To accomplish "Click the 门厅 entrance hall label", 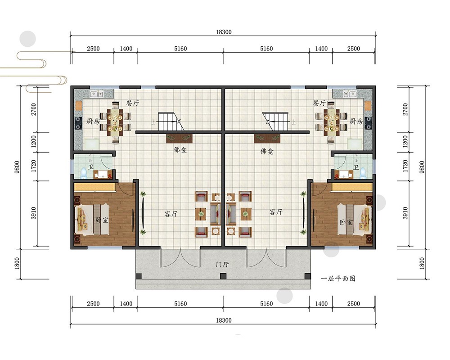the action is (222, 264).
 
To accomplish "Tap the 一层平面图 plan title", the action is (338, 279).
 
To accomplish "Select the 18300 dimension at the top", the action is (224, 32).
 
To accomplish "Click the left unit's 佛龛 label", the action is (180, 150).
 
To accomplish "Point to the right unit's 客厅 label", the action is (276, 212).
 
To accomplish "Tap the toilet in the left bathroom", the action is (84, 172).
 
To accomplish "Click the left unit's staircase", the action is (169, 121).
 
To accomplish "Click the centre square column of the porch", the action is (223, 276).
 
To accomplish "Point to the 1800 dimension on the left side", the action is (17, 264).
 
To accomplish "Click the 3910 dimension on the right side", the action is (405, 213).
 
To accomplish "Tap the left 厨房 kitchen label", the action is (93, 121).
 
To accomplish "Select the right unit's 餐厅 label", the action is (319, 103).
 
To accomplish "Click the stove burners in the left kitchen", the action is (78, 123).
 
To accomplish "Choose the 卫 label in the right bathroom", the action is (356, 167).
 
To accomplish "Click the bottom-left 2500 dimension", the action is (93, 303).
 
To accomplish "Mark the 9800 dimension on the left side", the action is (17, 167).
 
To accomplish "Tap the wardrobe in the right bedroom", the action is (352, 187).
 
